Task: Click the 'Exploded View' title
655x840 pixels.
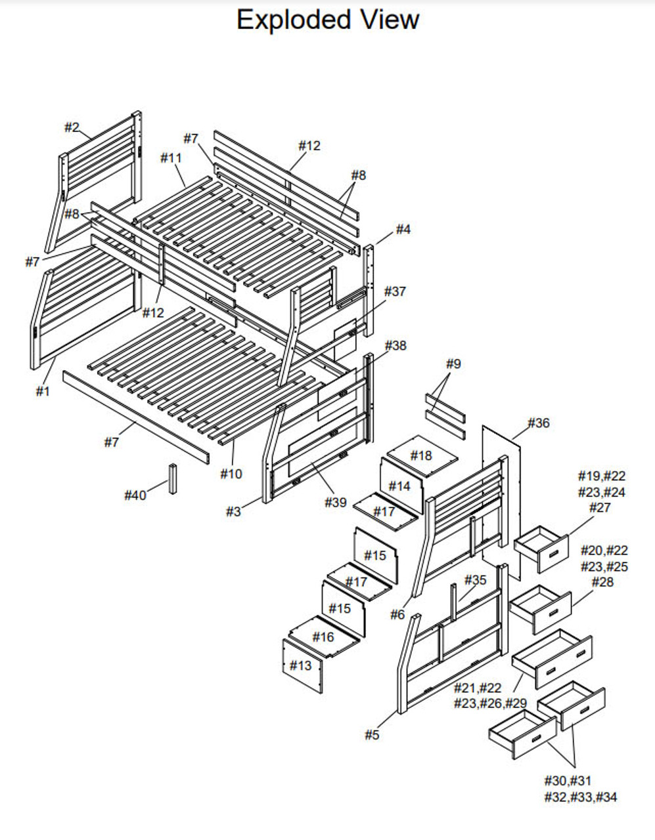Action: click(327, 20)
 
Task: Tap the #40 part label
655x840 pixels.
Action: click(135, 495)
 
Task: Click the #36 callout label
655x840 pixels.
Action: click(538, 423)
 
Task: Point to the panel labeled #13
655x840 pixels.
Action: click(301, 665)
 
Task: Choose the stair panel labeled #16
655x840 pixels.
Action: click(323, 637)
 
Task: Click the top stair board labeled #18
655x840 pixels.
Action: click(421, 455)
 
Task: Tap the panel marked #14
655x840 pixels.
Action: click(399, 486)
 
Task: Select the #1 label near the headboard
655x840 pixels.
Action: click(43, 392)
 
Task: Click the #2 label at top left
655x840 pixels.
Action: click(72, 127)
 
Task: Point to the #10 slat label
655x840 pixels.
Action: click(231, 473)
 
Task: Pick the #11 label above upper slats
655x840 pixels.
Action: click(171, 157)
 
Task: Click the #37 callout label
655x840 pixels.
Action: click(395, 291)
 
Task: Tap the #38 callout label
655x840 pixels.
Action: click(395, 345)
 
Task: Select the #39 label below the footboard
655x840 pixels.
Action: click(336, 502)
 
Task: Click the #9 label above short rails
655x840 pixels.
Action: click(453, 364)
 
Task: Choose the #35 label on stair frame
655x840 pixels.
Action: click(476, 579)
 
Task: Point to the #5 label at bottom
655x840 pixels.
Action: click(372, 735)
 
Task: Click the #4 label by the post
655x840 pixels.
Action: click(403, 229)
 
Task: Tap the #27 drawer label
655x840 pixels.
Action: click(600, 507)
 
